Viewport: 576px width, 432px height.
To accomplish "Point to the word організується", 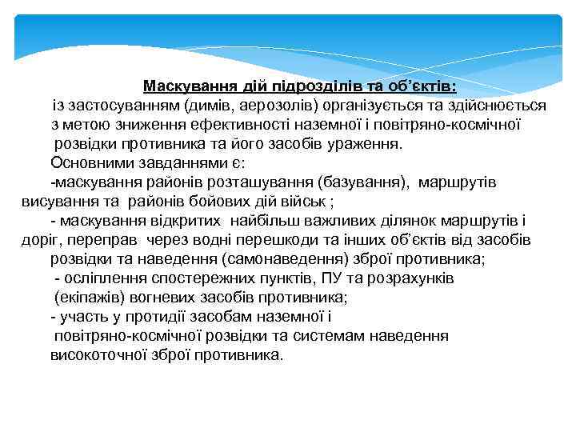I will tap(375, 105).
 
